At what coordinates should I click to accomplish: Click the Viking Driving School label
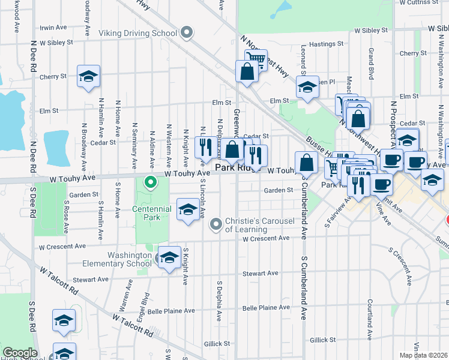click(138, 32)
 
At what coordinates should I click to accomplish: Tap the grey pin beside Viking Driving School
click(187, 32)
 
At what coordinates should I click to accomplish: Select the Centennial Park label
click(152, 213)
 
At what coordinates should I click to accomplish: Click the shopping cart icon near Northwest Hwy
click(256, 58)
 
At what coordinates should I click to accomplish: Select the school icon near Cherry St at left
click(88, 76)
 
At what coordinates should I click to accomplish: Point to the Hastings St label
click(326, 44)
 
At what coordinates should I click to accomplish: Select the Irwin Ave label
click(53, 28)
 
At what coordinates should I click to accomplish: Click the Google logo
click(20, 353)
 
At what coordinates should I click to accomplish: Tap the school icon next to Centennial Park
click(188, 210)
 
